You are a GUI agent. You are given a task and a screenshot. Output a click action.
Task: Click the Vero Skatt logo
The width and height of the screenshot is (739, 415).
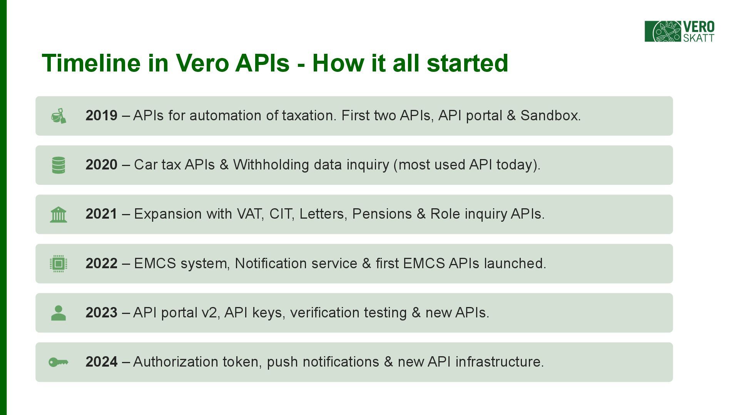680,32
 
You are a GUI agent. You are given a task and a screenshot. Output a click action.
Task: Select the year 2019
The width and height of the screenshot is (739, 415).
102,116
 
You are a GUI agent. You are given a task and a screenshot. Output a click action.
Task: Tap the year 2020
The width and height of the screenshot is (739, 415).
102,165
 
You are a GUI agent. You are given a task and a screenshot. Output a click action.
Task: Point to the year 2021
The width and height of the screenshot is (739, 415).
102,214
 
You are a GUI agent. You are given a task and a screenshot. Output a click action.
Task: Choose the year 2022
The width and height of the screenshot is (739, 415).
102,264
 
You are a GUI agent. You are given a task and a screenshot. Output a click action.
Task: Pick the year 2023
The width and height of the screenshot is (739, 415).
102,313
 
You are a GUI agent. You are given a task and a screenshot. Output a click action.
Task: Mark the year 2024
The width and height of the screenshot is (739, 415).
102,362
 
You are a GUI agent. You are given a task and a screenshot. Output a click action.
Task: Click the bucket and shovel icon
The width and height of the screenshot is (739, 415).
59,116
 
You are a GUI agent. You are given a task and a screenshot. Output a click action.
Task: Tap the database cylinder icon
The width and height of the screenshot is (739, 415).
59,165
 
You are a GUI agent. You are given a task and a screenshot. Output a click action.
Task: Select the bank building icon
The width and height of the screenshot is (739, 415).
59,214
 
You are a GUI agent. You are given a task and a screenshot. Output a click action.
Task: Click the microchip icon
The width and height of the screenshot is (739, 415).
59,264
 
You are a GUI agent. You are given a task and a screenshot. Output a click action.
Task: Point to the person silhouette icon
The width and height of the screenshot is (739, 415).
59,313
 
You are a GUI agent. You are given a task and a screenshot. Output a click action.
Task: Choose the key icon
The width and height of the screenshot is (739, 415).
59,362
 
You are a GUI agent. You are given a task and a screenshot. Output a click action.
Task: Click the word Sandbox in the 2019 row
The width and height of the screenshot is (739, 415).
550,116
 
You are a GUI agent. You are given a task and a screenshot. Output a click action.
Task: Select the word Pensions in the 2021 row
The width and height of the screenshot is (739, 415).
382,214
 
